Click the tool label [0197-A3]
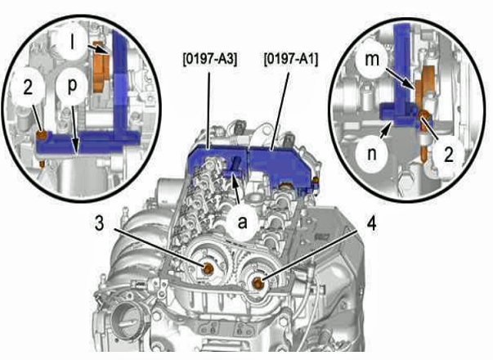(210, 59)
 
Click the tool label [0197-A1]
(291, 59)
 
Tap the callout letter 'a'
(243, 223)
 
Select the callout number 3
(99, 223)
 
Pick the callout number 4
(372, 224)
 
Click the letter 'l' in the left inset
(73, 43)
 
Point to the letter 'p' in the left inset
(72, 86)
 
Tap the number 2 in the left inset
(28, 88)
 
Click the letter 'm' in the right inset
(372, 60)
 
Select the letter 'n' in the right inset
(372, 154)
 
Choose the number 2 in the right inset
(449, 155)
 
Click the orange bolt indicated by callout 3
(208, 268)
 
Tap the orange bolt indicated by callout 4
(258, 282)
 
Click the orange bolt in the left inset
(42, 136)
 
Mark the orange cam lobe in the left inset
(101, 67)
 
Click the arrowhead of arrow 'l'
(106, 52)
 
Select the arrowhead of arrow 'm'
(414, 86)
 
